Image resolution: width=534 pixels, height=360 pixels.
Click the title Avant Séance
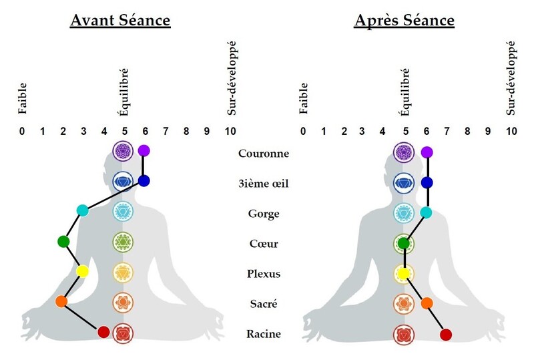(x=120, y=21)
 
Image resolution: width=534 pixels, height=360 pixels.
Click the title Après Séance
(x=404, y=21)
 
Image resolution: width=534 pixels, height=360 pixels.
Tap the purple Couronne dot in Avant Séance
(x=144, y=151)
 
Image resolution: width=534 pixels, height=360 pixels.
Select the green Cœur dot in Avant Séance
(x=63, y=241)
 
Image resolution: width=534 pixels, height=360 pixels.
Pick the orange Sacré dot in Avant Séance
(x=61, y=302)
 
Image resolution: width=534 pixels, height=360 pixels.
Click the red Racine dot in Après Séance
(x=447, y=335)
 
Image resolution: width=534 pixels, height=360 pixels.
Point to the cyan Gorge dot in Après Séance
(x=426, y=212)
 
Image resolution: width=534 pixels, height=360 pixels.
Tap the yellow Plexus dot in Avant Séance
(x=83, y=272)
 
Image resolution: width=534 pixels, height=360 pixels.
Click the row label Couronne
(x=263, y=154)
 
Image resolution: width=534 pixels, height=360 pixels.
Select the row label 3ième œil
(x=263, y=184)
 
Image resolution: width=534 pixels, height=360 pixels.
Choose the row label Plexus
(x=263, y=274)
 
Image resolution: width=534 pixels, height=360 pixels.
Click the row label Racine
(x=263, y=334)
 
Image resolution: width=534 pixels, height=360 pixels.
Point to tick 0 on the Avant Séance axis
(x=22, y=131)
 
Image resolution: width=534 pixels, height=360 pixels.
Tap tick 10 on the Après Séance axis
(x=511, y=131)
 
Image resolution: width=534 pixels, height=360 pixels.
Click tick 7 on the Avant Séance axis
(x=165, y=131)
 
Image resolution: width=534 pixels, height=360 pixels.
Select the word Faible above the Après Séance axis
(x=304, y=97)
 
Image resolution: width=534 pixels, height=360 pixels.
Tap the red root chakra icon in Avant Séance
(x=123, y=333)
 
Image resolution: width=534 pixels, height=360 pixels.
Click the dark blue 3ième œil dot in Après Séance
(x=427, y=182)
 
